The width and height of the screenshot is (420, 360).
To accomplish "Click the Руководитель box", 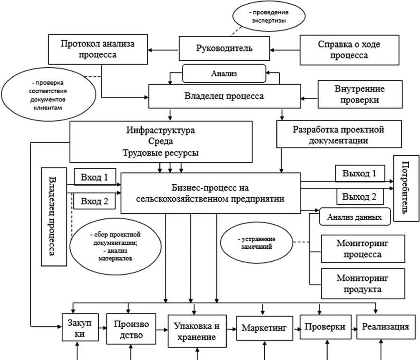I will [224, 48].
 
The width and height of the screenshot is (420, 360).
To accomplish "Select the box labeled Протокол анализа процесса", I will [97, 50].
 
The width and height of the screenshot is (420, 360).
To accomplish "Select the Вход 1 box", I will [94, 177].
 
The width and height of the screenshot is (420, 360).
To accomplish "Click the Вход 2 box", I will [94, 201].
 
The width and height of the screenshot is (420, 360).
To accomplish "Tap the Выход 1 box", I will [359, 173].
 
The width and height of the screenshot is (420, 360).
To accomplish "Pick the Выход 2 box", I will [359, 196].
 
